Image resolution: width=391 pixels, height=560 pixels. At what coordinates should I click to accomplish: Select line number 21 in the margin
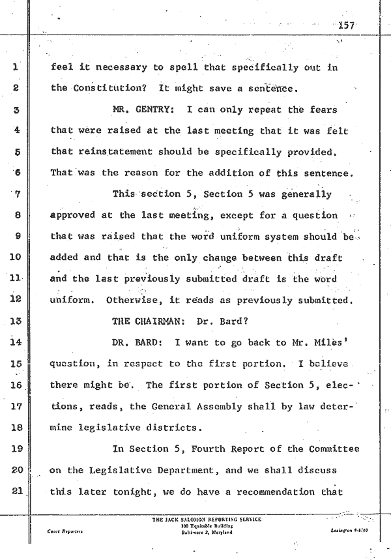(17, 490)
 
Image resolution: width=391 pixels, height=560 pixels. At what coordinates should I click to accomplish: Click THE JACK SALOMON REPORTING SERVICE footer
(206, 519)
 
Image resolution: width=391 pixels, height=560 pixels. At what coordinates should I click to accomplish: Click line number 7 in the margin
(18, 194)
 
